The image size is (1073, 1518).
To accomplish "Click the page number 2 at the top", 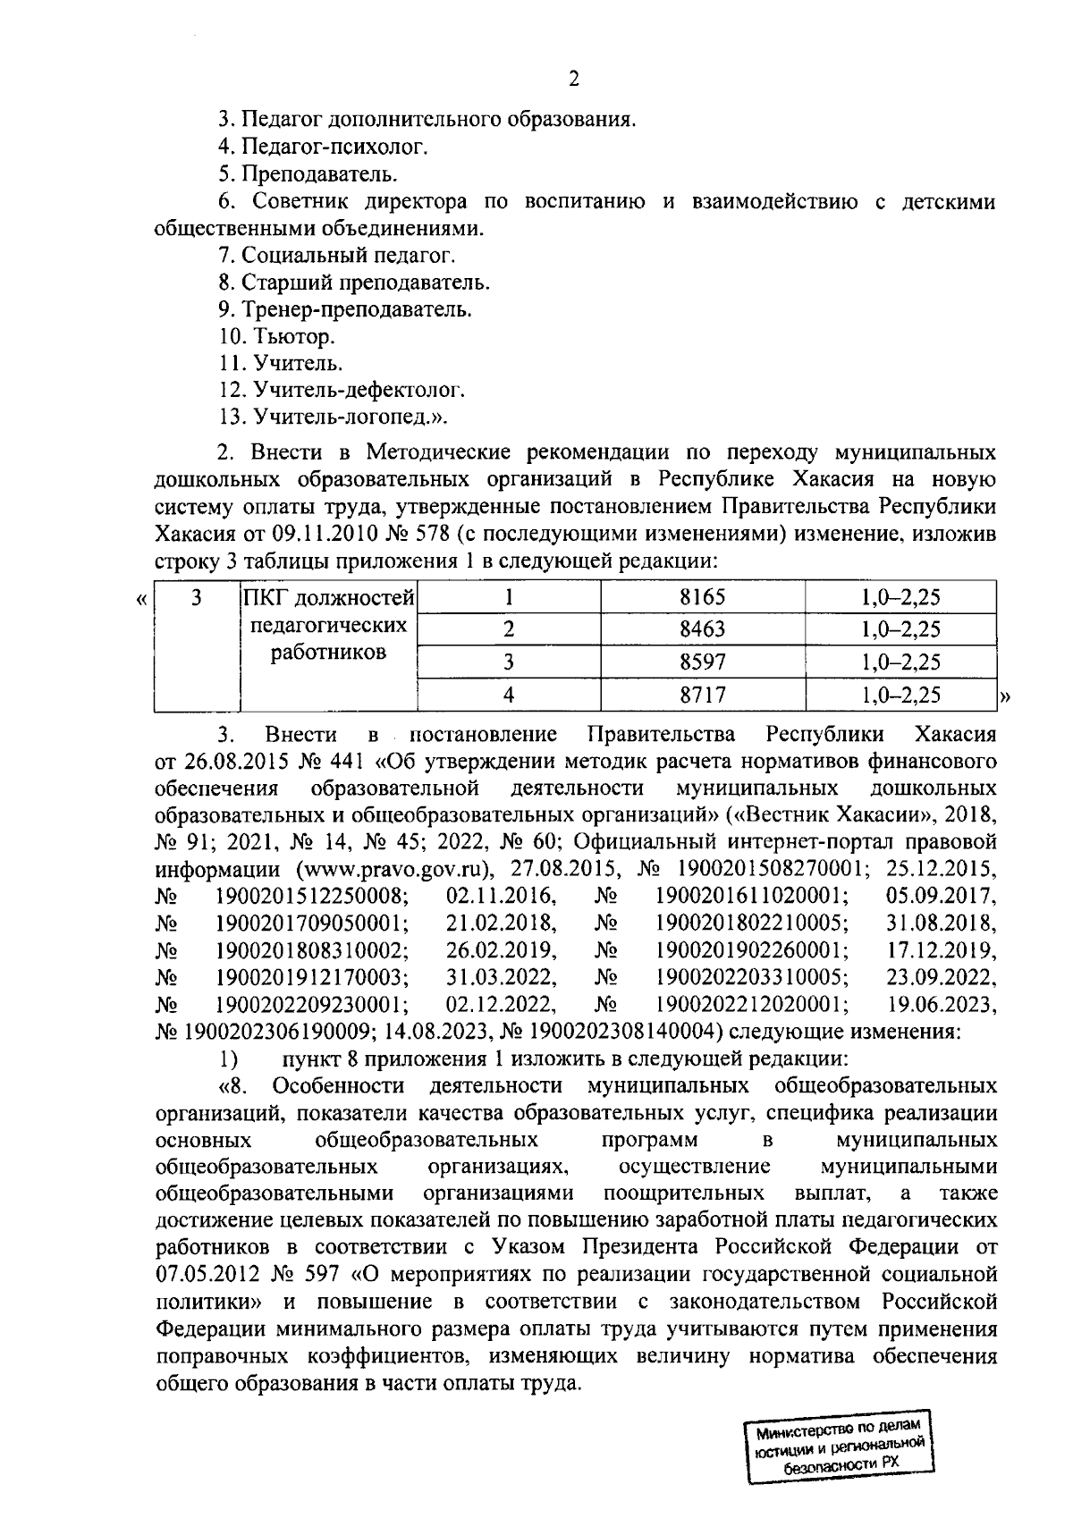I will (574, 80).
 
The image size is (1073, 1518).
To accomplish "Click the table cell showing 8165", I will (702, 597).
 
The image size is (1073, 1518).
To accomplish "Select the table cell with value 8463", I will (702, 629).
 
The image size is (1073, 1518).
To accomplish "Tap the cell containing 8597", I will (702, 662).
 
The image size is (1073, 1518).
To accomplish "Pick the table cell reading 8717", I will (702, 695).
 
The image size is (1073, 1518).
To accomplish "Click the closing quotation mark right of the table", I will (1004, 697).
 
